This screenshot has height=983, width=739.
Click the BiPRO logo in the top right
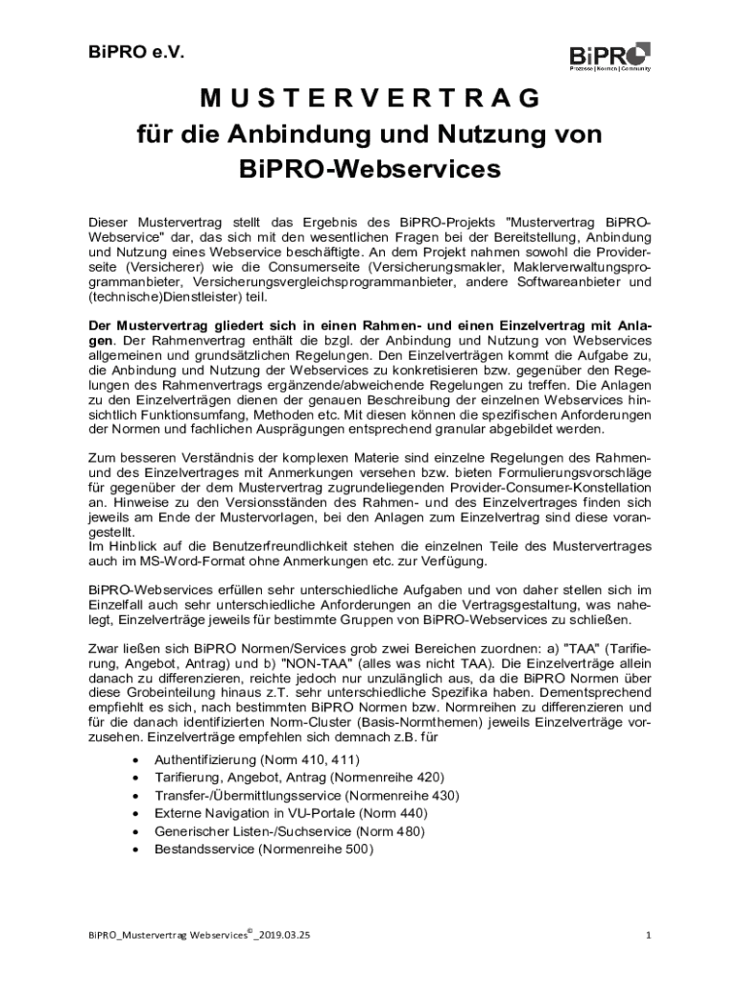609,57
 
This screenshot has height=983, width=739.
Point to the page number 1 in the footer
649,934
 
